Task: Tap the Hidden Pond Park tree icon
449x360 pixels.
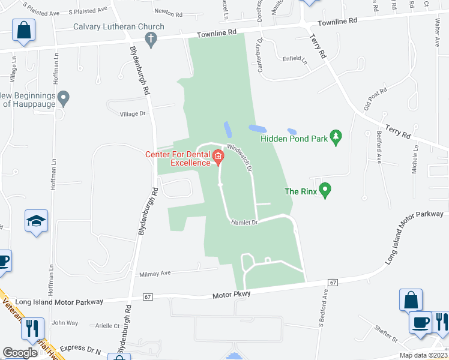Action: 336,138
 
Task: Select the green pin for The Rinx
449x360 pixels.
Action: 325,191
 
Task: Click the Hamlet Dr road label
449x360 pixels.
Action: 245,223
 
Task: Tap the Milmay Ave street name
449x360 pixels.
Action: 155,273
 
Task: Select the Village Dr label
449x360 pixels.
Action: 133,113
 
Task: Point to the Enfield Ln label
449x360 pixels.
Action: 295,61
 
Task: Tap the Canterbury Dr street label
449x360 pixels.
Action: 261,55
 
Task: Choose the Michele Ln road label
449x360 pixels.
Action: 414,159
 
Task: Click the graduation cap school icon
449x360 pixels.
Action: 36,221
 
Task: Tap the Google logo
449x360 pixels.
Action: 20,353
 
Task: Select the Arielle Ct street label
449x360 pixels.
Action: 107,326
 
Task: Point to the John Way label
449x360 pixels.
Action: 65,322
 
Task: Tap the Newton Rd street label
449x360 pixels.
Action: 168,12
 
